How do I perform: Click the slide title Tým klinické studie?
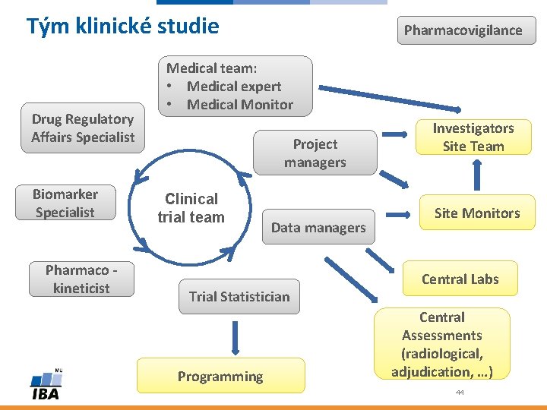(x=122, y=27)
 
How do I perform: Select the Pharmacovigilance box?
(x=463, y=30)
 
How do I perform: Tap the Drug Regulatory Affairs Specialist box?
(x=82, y=128)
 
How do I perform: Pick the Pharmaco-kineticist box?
(x=81, y=279)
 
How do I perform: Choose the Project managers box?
(x=315, y=153)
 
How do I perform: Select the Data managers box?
(x=318, y=227)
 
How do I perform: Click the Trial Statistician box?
(x=239, y=296)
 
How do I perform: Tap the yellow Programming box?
(x=220, y=376)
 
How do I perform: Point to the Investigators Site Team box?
(x=473, y=137)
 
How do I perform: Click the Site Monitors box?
(x=476, y=213)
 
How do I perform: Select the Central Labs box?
(x=460, y=279)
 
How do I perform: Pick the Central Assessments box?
(x=441, y=344)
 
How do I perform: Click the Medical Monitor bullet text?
(x=239, y=105)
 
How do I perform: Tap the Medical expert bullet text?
(x=233, y=87)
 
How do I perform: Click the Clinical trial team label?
(x=191, y=208)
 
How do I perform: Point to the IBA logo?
(x=45, y=386)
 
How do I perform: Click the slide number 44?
(x=460, y=393)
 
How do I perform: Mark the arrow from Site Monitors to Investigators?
(x=477, y=174)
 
